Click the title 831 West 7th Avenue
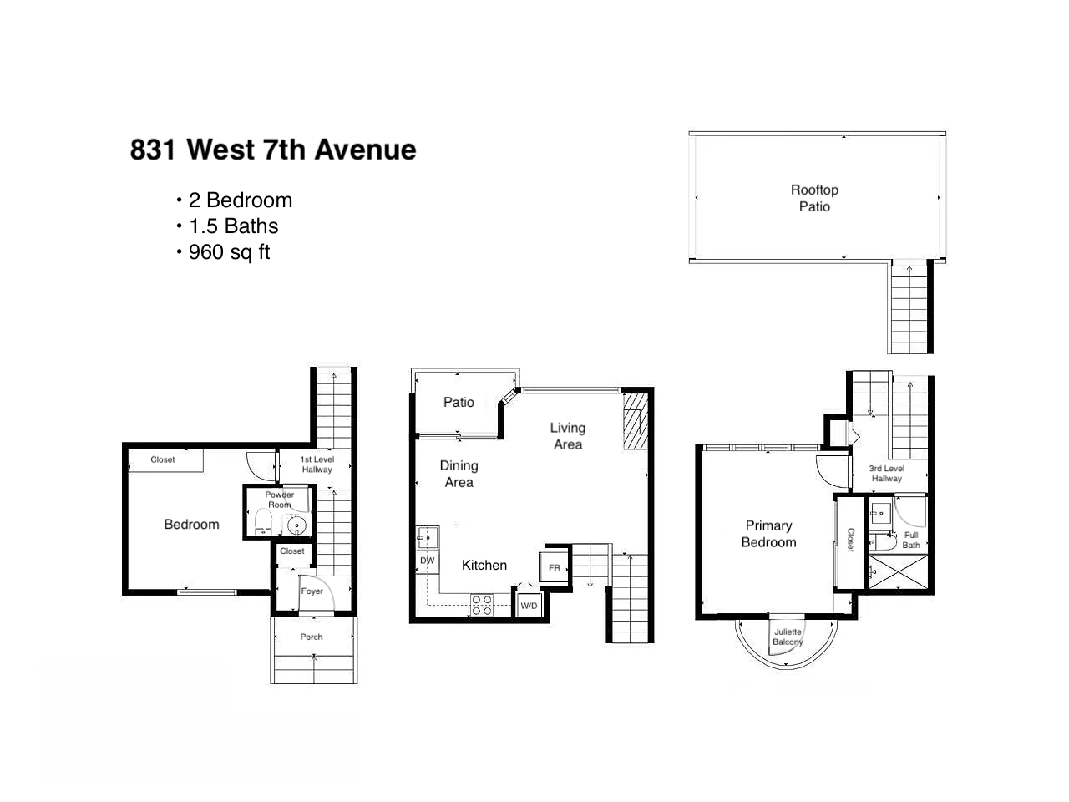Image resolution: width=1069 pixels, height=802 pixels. click(x=273, y=149)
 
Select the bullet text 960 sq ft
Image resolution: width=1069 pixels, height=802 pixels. click(x=229, y=252)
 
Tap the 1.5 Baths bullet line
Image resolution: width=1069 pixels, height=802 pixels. click(x=233, y=226)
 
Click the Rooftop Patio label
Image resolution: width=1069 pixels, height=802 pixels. click(x=814, y=198)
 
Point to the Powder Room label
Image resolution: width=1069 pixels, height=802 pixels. click(x=280, y=500)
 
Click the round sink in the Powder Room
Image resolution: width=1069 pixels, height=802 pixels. click(x=296, y=526)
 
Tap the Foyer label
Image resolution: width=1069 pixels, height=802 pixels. click(x=312, y=591)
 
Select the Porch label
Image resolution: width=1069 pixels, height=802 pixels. click(x=312, y=637)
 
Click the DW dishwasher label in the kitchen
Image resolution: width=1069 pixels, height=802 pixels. click(x=427, y=561)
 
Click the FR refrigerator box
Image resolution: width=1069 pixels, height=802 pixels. click(x=554, y=567)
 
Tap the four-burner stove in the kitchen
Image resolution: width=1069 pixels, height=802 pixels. click(x=482, y=606)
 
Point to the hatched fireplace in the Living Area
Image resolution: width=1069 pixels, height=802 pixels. click(x=636, y=422)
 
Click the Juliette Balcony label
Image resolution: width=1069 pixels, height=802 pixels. click(x=788, y=637)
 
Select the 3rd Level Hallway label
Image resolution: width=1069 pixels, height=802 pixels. click(x=886, y=474)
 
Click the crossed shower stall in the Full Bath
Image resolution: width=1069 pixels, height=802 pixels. click(x=898, y=572)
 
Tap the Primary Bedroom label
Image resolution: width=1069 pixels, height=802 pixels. click(x=768, y=534)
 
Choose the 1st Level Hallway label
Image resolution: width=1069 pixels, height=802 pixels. click(x=317, y=464)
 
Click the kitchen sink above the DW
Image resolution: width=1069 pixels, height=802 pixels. click(x=428, y=537)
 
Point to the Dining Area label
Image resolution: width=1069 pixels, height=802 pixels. click(x=459, y=474)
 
